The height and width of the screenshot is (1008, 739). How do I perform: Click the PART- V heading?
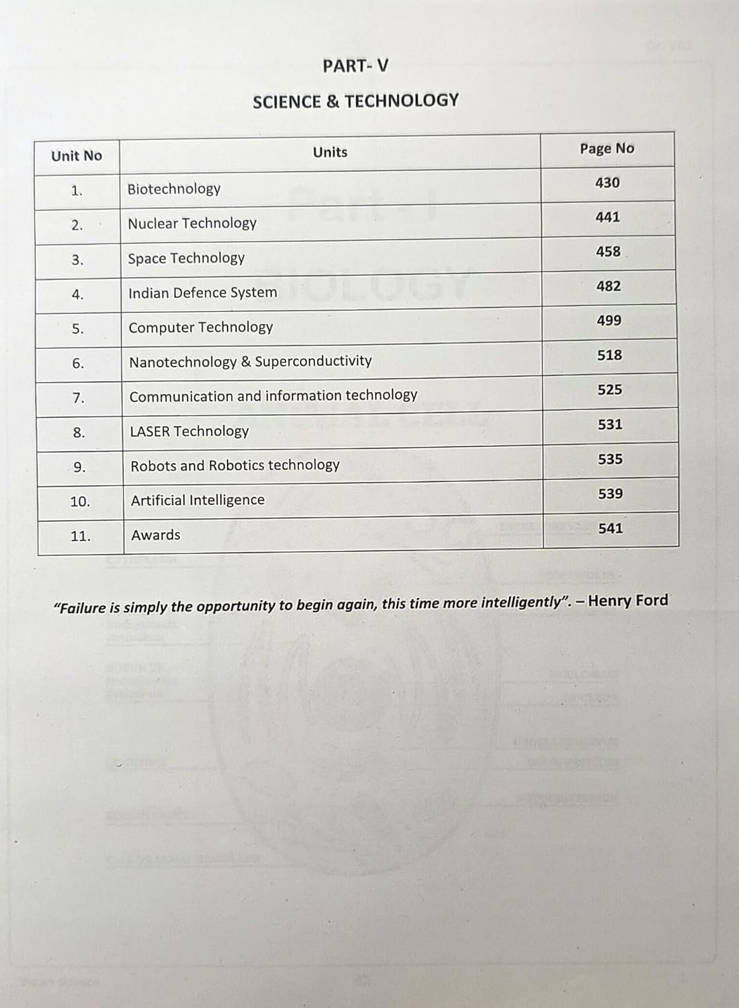355,66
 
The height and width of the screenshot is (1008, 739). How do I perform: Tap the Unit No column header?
77,156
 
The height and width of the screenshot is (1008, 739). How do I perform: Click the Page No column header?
607,149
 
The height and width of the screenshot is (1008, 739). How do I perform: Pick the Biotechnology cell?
174,189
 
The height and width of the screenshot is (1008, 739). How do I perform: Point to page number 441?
607,217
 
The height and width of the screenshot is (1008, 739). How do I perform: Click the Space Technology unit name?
186,258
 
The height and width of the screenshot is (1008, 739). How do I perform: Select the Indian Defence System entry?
202,293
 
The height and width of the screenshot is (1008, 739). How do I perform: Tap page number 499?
609,321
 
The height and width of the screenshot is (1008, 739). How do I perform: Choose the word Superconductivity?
313,361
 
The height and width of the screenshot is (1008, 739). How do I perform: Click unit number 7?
79,398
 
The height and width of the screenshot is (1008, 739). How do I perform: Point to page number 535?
610,459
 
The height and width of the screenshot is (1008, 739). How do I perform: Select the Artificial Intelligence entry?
198,500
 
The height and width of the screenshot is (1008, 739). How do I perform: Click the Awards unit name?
156,535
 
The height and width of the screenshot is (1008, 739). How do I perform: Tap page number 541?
610,528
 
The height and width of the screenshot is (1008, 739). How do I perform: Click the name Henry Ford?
628,600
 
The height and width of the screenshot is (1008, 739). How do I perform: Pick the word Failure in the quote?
81,608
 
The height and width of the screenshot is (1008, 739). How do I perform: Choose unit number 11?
80,536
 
